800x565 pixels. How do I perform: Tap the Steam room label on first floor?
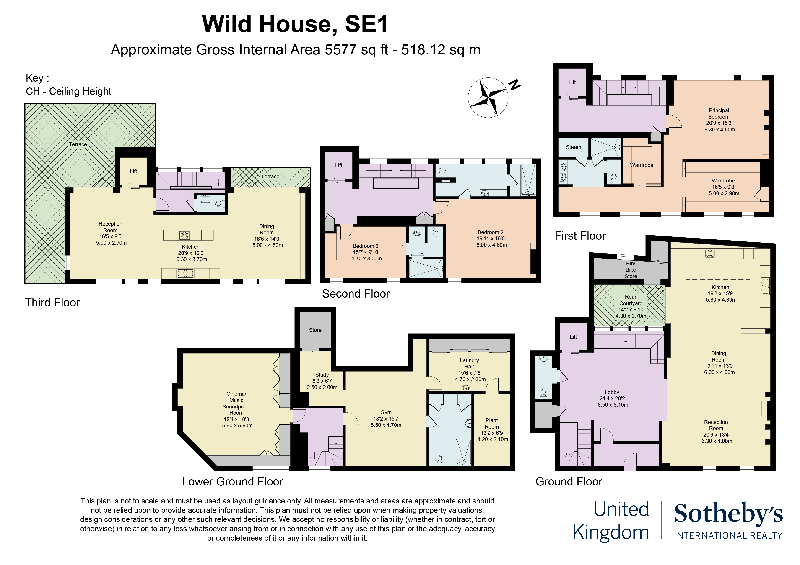click(x=573, y=147)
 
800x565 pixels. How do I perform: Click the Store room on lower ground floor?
click(x=315, y=330)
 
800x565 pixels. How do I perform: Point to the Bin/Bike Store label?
click(x=630, y=270)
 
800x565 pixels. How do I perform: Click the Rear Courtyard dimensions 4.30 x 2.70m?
click(x=631, y=316)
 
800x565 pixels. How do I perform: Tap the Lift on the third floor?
click(x=133, y=171)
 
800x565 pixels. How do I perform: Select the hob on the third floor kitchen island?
click(x=184, y=235)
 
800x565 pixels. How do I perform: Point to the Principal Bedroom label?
click(x=718, y=113)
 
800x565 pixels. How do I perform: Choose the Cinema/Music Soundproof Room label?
click(x=236, y=403)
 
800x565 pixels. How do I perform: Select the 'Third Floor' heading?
click(x=52, y=303)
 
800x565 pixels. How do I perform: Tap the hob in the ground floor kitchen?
click(x=710, y=253)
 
